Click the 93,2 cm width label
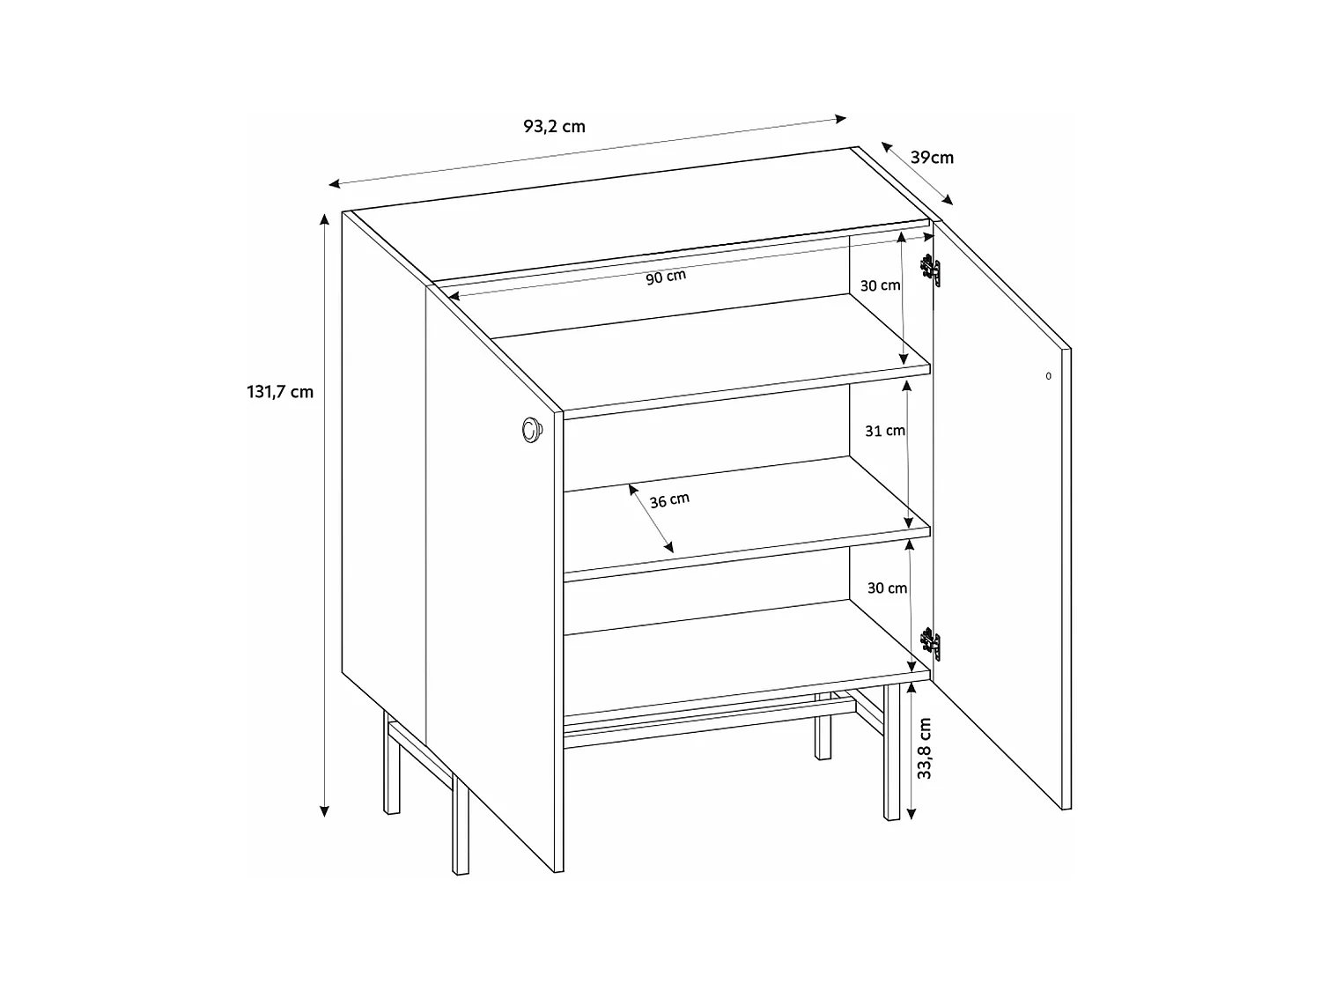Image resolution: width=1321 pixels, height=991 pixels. click(554, 126)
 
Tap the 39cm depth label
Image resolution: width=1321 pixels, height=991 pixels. click(932, 158)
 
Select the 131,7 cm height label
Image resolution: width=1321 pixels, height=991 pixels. click(279, 392)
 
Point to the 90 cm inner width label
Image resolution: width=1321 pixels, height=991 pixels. click(666, 277)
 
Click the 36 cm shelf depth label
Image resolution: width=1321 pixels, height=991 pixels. click(669, 500)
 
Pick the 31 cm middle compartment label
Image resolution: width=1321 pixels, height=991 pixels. click(884, 431)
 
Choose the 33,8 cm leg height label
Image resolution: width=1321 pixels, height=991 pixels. click(924, 748)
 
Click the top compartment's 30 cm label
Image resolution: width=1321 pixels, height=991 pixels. click(880, 285)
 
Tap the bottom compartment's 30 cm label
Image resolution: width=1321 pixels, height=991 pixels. click(886, 588)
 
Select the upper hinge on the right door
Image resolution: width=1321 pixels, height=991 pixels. click(931, 270)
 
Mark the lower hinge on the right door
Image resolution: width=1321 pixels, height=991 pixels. click(931, 644)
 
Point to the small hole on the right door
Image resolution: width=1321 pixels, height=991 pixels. click(1048, 376)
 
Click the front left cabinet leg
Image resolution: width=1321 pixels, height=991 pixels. click(461, 824)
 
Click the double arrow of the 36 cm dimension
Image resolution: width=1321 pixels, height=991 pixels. click(651, 518)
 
